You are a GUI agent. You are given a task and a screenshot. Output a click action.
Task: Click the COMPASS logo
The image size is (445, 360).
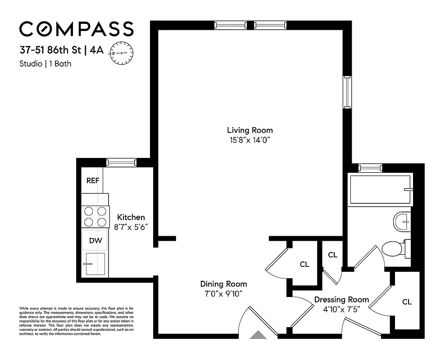[x=76, y=29]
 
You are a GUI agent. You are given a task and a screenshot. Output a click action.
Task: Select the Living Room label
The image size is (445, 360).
[x=250, y=130]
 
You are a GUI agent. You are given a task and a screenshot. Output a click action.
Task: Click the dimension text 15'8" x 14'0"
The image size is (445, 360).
[x=250, y=140]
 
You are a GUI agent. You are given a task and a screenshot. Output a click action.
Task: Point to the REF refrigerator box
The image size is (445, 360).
[x=93, y=180]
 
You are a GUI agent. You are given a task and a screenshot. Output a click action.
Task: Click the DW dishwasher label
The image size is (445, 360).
[x=95, y=241]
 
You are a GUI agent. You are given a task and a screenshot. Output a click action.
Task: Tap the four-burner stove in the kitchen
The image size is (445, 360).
[x=95, y=216]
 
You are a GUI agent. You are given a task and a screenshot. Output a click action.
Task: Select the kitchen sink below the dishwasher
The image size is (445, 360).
[x=95, y=264]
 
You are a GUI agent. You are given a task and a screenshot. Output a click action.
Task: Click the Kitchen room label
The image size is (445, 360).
[x=131, y=217]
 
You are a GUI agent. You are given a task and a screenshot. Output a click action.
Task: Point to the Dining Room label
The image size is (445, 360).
[x=223, y=284]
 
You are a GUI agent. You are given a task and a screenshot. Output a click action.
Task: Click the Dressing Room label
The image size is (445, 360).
[x=341, y=300]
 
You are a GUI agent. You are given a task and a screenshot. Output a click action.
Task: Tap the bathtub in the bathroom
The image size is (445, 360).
[x=381, y=189]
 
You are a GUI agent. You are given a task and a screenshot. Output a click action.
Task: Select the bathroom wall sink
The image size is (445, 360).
[x=402, y=220]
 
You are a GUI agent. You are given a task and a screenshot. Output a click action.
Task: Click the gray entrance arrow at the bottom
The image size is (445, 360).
[x=259, y=335]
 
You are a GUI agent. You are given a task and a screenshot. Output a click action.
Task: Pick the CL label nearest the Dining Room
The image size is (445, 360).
[x=304, y=265]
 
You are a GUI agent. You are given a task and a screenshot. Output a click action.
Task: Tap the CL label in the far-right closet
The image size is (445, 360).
[x=407, y=302]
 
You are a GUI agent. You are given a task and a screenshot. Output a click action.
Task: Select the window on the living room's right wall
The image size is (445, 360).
[x=347, y=92]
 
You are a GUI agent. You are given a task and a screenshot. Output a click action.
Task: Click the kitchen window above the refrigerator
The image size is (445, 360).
[x=121, y=162]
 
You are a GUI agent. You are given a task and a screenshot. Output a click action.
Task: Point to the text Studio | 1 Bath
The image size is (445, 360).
[x=45, y=63]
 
